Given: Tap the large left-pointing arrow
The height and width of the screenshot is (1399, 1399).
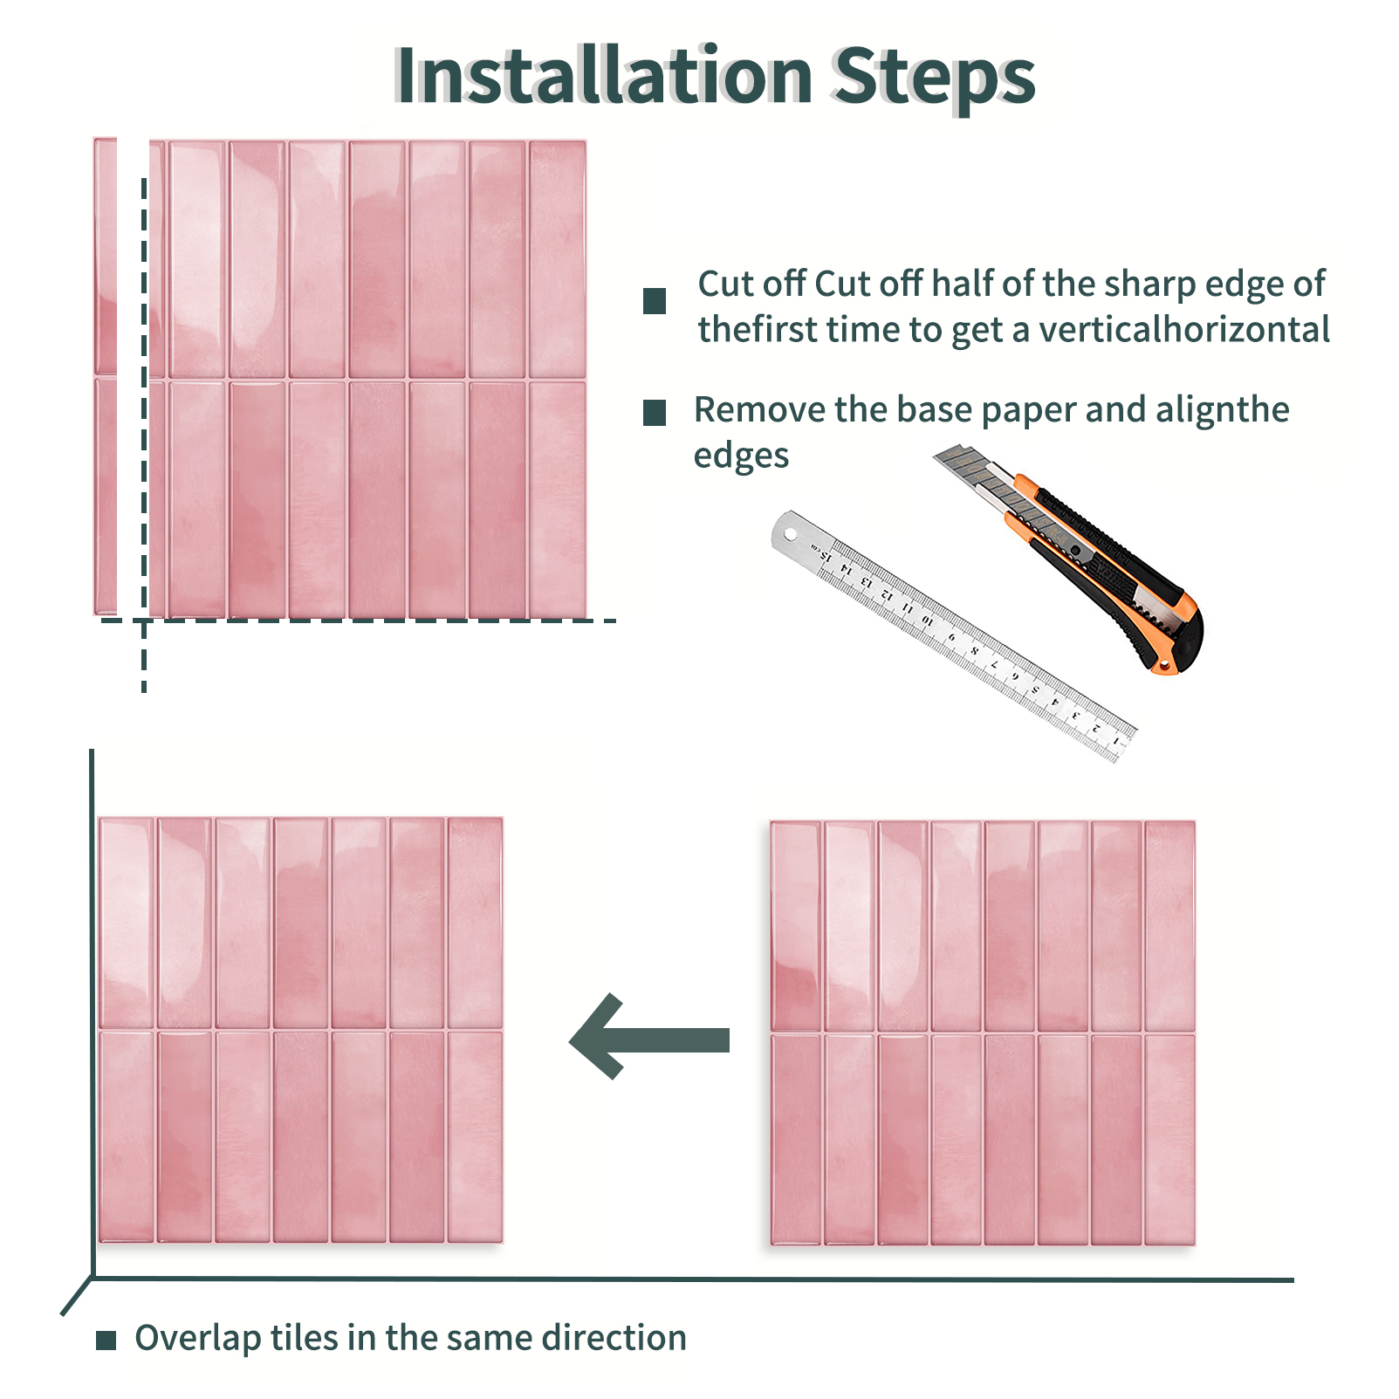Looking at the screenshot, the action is click(x=649, y=1037).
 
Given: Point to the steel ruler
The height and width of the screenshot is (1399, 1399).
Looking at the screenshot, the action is click(x=953, y=636).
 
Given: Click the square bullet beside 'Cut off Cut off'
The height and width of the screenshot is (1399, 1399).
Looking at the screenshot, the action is click(x=655, y=301).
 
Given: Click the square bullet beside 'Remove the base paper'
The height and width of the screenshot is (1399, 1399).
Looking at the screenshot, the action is click(x=655, y=413).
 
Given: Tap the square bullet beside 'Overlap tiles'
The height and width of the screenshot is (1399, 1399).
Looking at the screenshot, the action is click(x=106, y=1341).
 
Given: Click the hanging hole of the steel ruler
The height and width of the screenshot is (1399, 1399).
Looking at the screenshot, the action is click(x=791, y=532).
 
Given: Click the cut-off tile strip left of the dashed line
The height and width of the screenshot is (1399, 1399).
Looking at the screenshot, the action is click(x=106, y=376).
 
